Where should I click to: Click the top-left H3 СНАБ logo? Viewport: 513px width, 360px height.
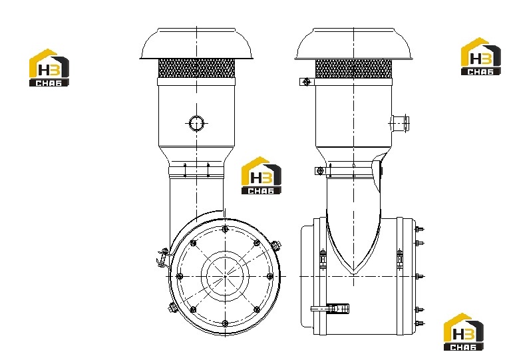click(49, 68)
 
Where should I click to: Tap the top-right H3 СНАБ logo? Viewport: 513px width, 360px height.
click(480, 57)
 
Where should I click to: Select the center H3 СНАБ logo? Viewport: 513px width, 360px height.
click(261, 176)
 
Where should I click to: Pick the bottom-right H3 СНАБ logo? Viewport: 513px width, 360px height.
click(463, 332)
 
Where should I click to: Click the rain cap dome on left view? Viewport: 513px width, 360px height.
click(196, 43)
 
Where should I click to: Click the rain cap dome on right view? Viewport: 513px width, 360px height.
click(353, 43)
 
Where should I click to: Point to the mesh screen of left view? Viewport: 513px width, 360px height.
click(196, 68)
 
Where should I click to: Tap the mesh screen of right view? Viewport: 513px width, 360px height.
click(353, 69)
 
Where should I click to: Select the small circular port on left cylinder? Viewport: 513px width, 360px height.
click(196, 123)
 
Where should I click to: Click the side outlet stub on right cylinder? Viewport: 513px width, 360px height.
click(400, 123)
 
